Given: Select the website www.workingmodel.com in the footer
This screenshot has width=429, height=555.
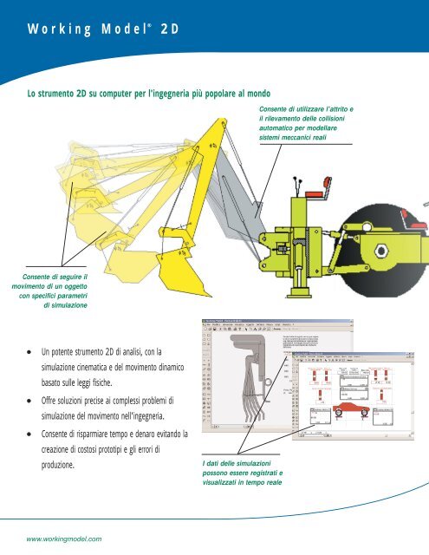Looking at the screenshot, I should [65, 538].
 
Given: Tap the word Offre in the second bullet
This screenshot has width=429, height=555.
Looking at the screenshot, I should [51, 401].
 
